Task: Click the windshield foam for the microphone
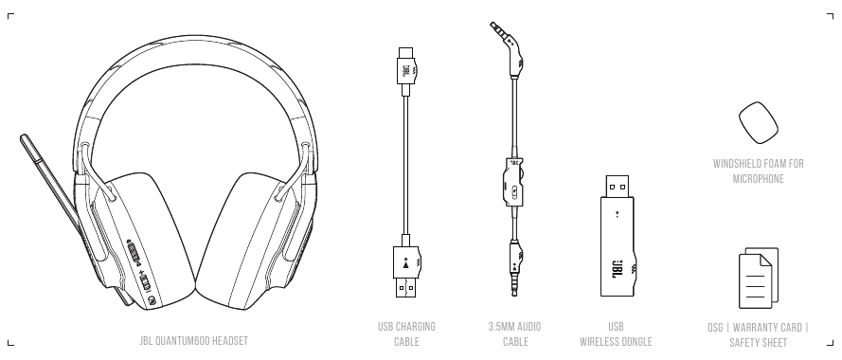pos(759,123)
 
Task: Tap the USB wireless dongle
pos(618,237)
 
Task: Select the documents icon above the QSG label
pos(759,279)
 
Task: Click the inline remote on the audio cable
pos(513,182)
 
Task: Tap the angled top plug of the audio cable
pos(508,48)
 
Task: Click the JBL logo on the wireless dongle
pos(618,269)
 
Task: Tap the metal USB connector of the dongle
pos(618,187)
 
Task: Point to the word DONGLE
pos(636,342)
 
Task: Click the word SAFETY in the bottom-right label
pos(743,343)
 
